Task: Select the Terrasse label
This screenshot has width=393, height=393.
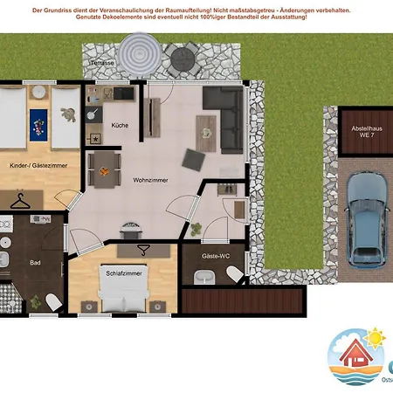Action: coord(102,63)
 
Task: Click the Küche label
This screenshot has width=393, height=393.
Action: coord(120,125)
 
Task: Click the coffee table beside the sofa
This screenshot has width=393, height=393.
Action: coord(206,128)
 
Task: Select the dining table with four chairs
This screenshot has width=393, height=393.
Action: coord(104,168)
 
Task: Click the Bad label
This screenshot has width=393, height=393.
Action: coord(35,261)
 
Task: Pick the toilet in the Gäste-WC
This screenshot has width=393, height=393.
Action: coord(234,275)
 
